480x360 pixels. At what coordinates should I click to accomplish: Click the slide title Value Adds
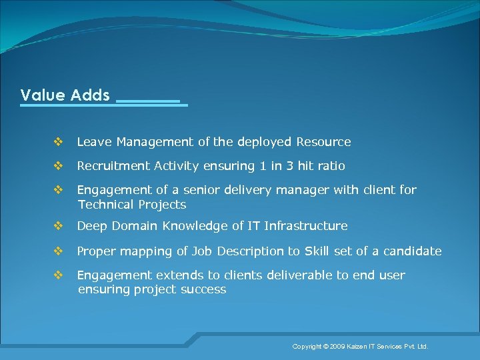65,95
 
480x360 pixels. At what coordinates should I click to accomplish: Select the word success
205,290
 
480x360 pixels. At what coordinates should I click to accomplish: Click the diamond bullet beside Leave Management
58,142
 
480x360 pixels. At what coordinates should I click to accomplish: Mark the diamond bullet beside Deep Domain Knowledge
58,226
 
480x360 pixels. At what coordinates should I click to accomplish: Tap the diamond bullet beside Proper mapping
58,251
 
